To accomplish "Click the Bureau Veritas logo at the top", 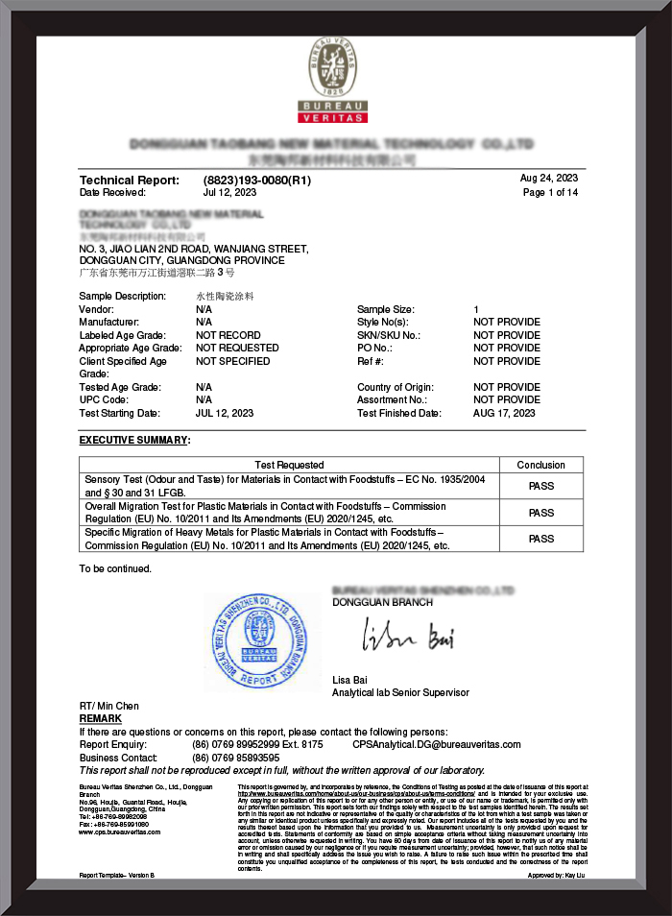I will point(336,81).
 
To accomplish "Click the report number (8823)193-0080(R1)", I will point(257,180).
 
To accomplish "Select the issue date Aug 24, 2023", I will point(548,179).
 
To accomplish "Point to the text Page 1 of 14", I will point(550,192).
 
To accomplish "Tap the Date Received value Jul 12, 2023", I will point(229,193).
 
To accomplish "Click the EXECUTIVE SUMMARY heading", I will point(133,440).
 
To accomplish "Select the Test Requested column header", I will point(289,465).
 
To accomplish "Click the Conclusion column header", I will point(540,465).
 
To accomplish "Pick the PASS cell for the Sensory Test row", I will point(540,486).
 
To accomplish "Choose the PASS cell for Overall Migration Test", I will point(540,513).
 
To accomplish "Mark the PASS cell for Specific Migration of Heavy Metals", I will point(540,539).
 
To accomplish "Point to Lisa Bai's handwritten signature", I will point(407,636).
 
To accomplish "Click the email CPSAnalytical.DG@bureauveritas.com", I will point(436,744).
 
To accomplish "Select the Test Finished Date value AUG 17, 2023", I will point(504,413).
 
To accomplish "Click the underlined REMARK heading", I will point(100,718).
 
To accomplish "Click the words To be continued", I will point(115,568).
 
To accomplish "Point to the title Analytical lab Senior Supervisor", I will point(400,692).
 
